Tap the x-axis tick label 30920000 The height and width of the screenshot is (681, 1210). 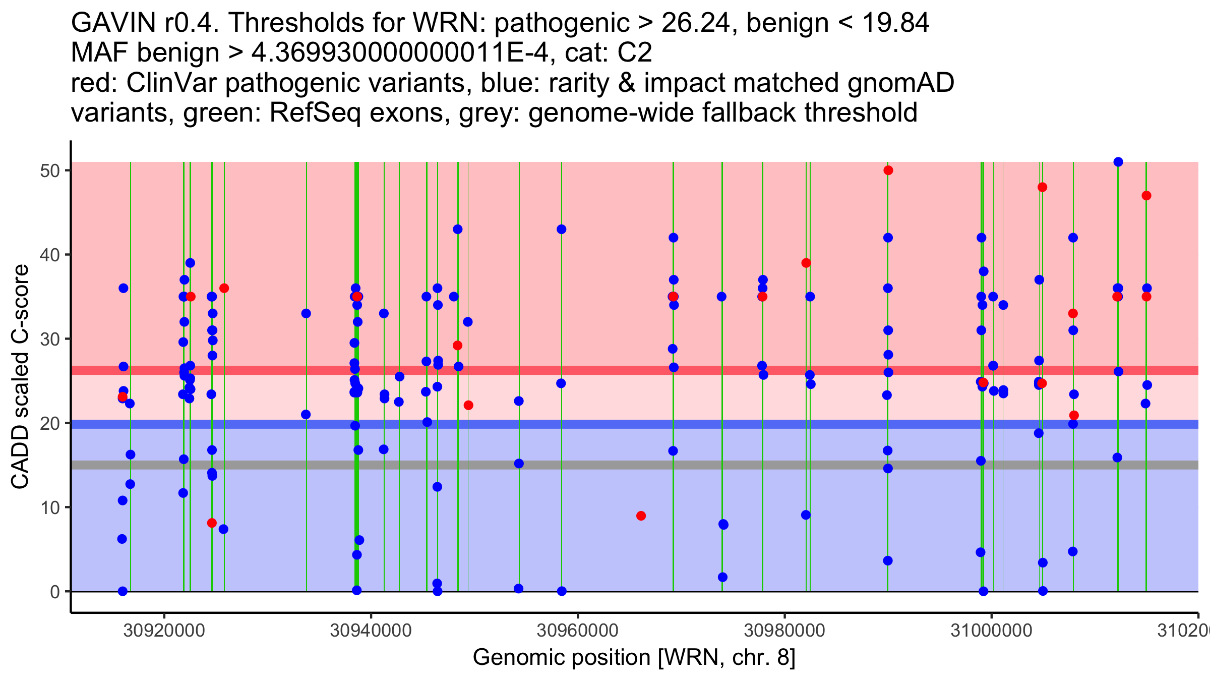tap(164, 630)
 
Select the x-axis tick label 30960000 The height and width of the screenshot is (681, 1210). tap(578, 630)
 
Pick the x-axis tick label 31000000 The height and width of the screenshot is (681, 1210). tap(991, 630)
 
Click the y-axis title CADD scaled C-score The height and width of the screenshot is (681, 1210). tap(20, 377)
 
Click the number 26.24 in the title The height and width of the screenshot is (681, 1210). tap(695, 23)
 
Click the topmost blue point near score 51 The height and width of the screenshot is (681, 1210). tap(1118, 162)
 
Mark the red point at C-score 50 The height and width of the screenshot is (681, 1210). tap(888, 171)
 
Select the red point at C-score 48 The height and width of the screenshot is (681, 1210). tap(1043, 187)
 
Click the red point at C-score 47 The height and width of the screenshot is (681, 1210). tap(1146, 196)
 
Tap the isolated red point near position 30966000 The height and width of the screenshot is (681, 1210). tap(641, 516)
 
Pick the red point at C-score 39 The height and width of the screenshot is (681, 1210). tap(806, 263)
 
